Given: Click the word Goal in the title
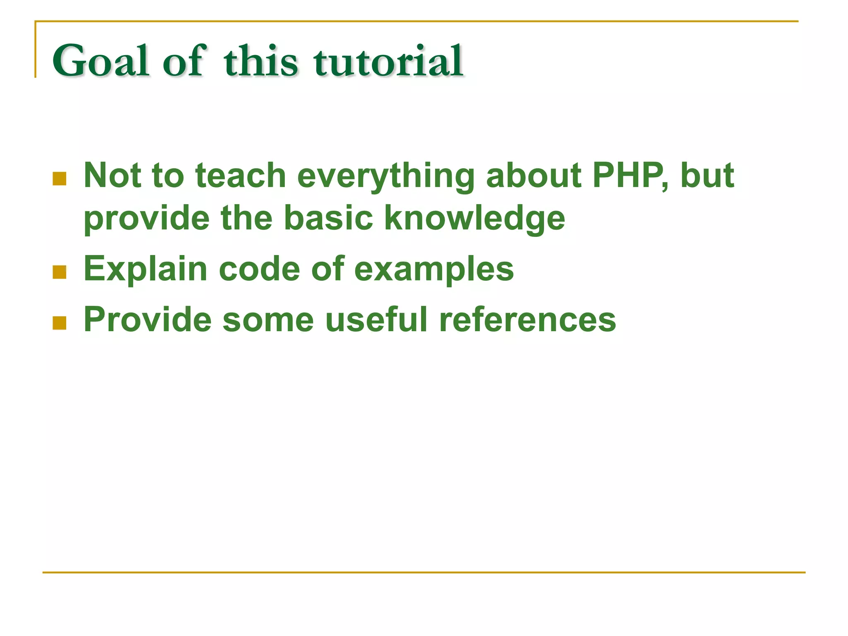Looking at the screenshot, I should (101, 61).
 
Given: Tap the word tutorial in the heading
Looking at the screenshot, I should (388, 61).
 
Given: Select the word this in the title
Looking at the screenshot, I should (260, 61).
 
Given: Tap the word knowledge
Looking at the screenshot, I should (475, 219).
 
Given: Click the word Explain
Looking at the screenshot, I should (145, 270).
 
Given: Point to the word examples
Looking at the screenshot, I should (434, 270).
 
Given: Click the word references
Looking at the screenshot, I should (528, 319).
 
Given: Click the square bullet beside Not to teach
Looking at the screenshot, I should (60, 179).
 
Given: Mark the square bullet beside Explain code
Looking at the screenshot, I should (60, 272).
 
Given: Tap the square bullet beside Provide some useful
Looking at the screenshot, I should (60, 323).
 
